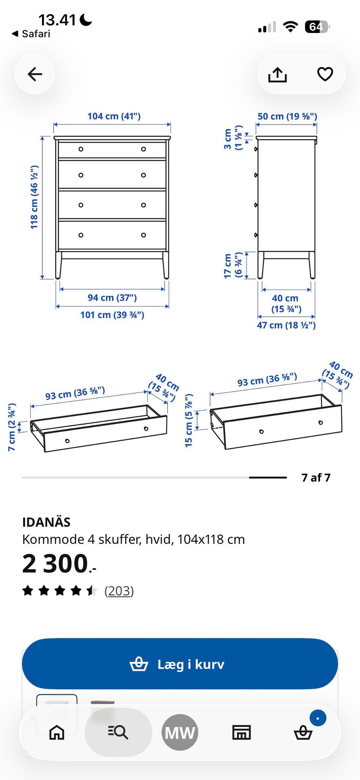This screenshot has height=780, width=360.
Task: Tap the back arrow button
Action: coord(35,74)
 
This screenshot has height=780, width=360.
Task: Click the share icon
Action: coord(277,74)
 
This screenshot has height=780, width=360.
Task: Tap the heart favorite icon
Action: coord(325,74)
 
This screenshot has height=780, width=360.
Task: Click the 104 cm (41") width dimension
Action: coord(114,116)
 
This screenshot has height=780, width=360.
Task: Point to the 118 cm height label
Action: coord(34,197)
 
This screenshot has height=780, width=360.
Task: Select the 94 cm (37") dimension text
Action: coord(112,298)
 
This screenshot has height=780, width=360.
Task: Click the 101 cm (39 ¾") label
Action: coord(112,315)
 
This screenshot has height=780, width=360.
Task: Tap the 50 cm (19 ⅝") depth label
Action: coord(287,116)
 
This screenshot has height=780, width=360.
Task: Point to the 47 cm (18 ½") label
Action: coord(286,325)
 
